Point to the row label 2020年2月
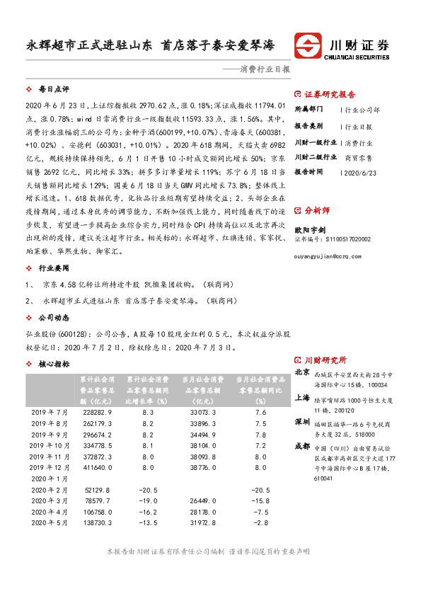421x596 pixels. (49, 490)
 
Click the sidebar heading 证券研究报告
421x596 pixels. (330, 94)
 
